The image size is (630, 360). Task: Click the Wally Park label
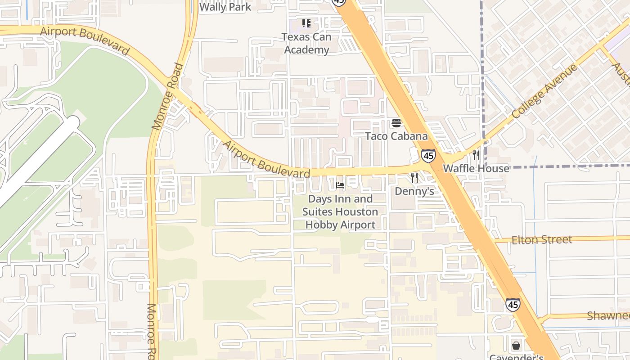pos(225,7)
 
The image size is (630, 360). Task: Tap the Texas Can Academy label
pos(306,43)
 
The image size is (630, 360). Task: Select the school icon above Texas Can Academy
pos(306,23)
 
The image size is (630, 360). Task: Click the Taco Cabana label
pos(396,136)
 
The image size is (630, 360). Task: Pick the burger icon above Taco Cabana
pos(396,122)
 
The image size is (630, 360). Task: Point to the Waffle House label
pos(476,168)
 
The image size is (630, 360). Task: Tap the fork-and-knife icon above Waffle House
pos(476,155)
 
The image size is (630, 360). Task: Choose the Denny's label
pos(414,191)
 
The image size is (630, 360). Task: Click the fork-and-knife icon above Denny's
pos(414,178)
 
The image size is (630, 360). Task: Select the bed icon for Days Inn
pos(340,185)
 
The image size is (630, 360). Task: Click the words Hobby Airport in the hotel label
pos(340,225)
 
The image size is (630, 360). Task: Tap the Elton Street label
pos(542,239)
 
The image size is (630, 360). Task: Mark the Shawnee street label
pos(608,315)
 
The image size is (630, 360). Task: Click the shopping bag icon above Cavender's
pos(516,346)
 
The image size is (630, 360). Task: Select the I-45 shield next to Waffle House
pos(428,155)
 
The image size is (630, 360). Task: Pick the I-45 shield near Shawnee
pos(513,305)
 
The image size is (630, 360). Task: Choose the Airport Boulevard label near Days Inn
pos(266,160)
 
